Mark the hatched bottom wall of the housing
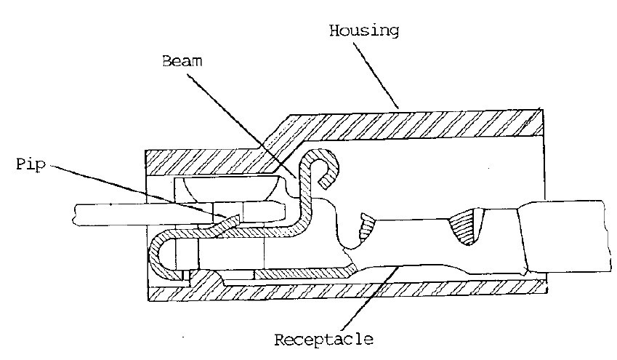pos(363,287)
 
